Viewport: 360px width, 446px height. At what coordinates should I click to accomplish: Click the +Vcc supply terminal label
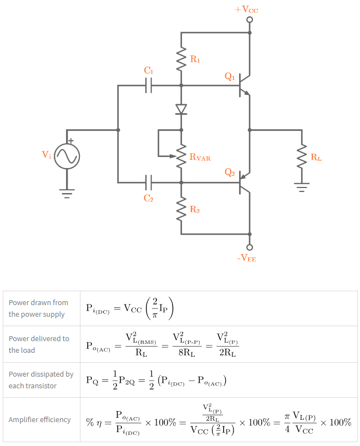coord(246,9)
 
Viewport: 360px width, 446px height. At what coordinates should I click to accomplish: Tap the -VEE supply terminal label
coord(246,258)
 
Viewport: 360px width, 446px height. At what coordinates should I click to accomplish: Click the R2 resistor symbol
coord(181,210)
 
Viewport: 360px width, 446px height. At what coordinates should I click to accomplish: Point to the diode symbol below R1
coord(181,109)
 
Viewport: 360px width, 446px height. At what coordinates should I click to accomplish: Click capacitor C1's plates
coord(149,85)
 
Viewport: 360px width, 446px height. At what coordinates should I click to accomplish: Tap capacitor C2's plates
coord(149,182)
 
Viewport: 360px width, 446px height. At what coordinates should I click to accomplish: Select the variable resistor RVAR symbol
coord(181,156)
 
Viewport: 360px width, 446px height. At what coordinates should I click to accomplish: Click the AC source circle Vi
coord(67,156)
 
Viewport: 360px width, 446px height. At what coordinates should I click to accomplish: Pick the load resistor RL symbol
coord(302,156)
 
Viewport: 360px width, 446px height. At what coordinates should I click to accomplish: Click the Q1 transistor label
coord(230,77)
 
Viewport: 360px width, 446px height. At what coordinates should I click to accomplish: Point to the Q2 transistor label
coord(230,173)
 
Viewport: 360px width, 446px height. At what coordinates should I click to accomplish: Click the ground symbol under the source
coord(67,193)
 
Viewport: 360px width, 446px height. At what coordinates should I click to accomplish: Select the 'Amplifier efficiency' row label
coord(39,420)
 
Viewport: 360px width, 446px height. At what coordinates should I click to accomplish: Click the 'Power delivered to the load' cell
coord(39,344)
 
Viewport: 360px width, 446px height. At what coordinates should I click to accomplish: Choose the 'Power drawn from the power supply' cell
coord(39,308)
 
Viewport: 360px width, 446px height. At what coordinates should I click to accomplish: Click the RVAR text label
coord(200,157)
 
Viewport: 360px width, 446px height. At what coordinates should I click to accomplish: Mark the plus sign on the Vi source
coord(71,141)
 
